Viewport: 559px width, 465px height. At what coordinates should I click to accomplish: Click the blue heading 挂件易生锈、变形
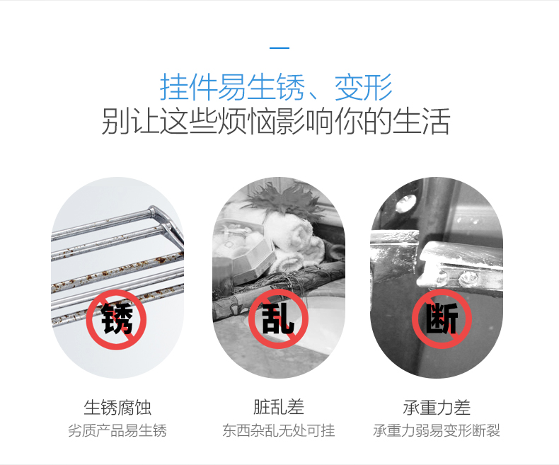coord(276,87)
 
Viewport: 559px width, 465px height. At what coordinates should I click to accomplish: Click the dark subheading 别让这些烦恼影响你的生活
coord(275,122)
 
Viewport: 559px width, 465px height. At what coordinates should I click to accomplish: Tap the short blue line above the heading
coord(279,47)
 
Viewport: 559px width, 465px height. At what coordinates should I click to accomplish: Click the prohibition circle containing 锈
coord(116,319)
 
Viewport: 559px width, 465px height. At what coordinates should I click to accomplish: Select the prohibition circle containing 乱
coord(278,318)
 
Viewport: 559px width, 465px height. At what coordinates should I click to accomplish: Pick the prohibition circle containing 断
coord(442,318)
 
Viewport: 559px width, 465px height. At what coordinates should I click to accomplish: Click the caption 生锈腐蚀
coord(117,408)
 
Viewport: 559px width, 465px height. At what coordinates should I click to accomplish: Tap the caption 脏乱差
coord(279,407)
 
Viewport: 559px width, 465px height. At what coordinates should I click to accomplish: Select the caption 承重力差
coord(437,408)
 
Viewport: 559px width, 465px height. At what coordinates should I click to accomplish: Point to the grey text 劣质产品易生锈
coord(117,431)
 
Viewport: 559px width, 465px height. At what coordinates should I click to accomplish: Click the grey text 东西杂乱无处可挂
coord(279,431)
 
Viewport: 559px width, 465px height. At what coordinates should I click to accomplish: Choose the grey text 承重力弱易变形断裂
coord(437,431)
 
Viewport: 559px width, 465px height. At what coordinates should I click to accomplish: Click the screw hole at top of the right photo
coord(406,202)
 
